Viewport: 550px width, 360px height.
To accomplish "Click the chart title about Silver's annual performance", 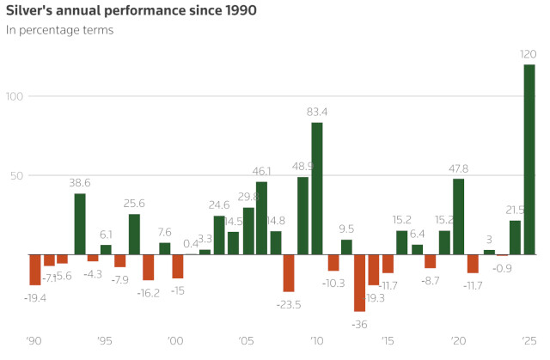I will click(131, 11).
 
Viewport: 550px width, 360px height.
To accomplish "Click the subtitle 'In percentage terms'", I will click(59, 30).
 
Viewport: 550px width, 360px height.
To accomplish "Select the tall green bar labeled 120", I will click(529, 160).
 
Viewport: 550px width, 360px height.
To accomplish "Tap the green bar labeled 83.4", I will click(317, 189).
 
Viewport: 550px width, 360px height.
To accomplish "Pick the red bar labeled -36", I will click(359, 283).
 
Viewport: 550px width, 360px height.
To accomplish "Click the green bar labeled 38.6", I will click(80, 224).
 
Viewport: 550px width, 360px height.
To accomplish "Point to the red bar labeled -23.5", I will click(289, 273).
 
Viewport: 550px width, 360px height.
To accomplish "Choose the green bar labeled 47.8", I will click(459, 217).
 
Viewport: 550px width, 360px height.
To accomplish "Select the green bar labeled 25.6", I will click(134, 235).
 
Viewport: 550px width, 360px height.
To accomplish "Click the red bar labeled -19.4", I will click(35, 270).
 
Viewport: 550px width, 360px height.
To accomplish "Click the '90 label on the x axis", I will click(34, 341).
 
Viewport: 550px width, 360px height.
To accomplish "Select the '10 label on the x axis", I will click(316, 341).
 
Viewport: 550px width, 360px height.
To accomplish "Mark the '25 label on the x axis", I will click(529, 341).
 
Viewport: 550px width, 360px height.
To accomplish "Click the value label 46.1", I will click(261, 172).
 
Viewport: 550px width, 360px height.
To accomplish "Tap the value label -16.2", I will click(149, 292).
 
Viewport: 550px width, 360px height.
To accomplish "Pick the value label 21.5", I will click(516, 211).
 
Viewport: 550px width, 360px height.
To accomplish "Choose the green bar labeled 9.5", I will click(346, 247).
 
